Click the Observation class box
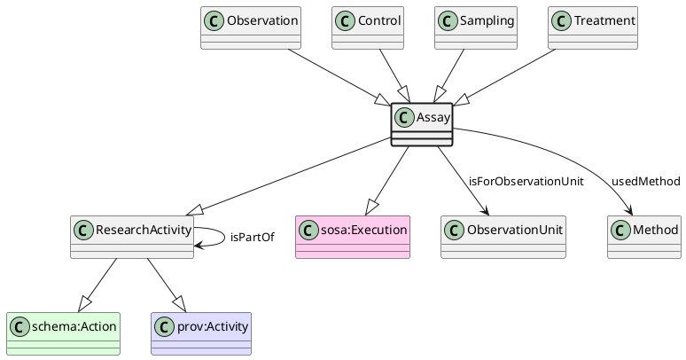[x=251, y=28]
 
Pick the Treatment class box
[x=593, y=28]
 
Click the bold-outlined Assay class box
[x=422, y=125]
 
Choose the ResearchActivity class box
[x=132, y=237]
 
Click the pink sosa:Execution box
[x=353, y=237]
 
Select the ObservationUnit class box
[x=503, y=237]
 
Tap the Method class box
[x=643, y=237]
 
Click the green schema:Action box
[x=63, y=333]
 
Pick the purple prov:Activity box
[x=201, y=333]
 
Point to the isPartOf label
[x=252, y=238]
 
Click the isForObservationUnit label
[x=526, y=182]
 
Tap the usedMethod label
[x=645, y=182]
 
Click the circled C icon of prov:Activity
[x=165, y=325]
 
